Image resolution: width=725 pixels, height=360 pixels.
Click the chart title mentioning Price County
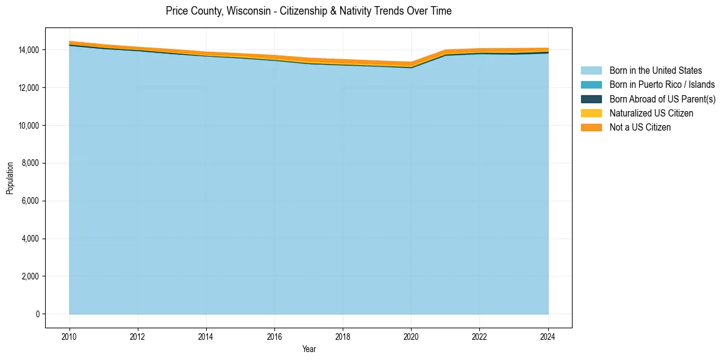tap(309, 11)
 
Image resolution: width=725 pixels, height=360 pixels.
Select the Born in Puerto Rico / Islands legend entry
tap(662, 85)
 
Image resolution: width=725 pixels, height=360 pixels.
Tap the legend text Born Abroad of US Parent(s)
tap(662, 99)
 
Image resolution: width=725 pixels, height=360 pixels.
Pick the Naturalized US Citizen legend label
tap(651, 113)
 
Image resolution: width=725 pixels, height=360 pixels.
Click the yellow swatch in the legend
tap(591, 113)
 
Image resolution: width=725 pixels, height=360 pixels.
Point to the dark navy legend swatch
tap(591, 99)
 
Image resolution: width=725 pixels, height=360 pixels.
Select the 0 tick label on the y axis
tap(37, 314)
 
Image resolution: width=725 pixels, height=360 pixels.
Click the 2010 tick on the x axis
tap(70, 336)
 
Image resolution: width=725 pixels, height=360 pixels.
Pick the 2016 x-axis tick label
tap(274, 336)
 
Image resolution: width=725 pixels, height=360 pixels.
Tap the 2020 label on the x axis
tap(411, 336)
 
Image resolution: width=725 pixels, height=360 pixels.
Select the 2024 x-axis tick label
tap(548, 336)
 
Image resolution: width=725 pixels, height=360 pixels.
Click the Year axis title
tap(309, 349)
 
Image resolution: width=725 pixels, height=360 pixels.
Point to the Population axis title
tap(10, 178)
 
